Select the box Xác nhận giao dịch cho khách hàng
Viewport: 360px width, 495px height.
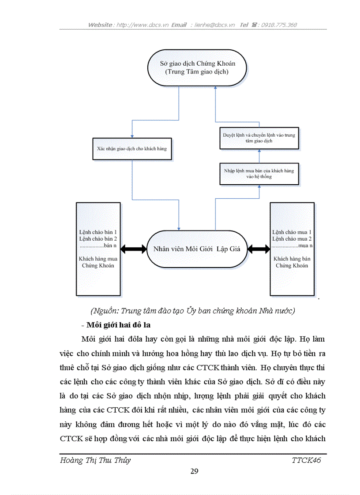click(131, 149)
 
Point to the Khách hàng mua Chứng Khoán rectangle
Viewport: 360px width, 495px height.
click(98, 249)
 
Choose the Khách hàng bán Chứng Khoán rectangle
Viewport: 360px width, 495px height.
click(292, 249)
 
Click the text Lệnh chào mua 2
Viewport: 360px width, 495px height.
click(292, 238)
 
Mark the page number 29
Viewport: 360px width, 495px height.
click(194, 471)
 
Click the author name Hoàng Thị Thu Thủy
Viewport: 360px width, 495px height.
click(95, 460)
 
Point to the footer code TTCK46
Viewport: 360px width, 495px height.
click(306, 460)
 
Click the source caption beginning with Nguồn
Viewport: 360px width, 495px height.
click(192, 311)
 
